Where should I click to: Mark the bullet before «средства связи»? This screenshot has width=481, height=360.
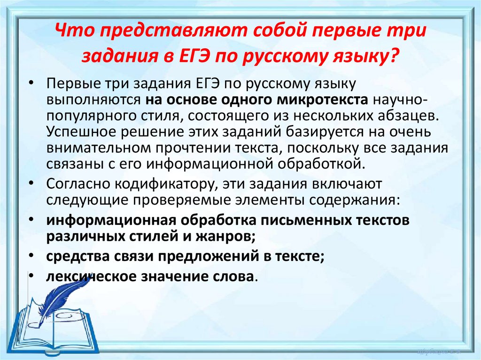click(31, 256)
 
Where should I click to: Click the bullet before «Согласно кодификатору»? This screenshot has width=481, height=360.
click(31, 182)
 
